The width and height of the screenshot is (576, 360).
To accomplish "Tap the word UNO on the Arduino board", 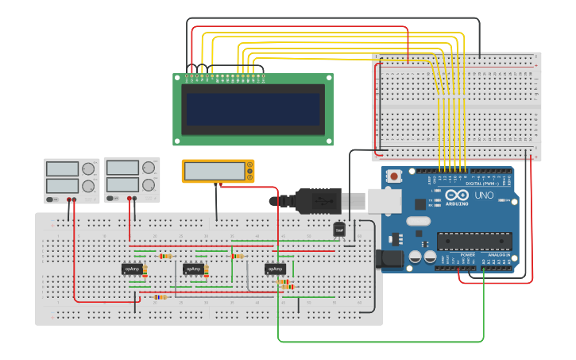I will pos(484,195).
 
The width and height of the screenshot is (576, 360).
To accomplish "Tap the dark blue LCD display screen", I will pos(253,110).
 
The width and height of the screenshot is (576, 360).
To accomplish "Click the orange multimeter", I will pos(218,171).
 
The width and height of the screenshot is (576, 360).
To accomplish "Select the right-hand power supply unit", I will pos(131,179).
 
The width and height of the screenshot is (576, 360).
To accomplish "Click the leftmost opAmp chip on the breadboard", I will pos(132,269).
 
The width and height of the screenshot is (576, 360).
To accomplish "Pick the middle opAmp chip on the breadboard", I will pos(194,269).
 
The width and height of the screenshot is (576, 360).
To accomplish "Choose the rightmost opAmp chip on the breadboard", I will pos(275,269).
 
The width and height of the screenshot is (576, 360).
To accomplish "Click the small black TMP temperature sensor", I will pos(339,229).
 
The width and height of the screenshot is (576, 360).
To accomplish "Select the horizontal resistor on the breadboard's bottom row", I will pos(160,297).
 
